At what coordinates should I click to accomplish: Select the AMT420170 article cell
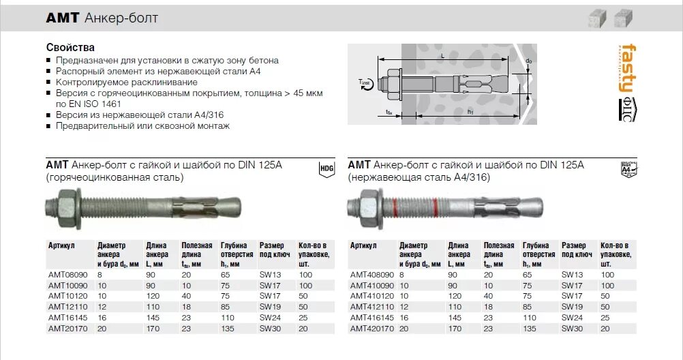point(372,329)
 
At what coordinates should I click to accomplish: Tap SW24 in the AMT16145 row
point(267,318)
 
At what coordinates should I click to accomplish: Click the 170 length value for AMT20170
point(153,329)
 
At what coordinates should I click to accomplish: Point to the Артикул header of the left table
point(61,245)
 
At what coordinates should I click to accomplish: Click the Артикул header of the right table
point(363,245)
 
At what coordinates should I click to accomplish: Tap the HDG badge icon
point(325,169)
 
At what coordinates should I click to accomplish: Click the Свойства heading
point(70,48)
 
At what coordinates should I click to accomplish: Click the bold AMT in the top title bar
point(63,18)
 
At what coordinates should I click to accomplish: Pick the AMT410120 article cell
point(372,296)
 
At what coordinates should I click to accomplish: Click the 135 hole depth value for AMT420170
point(530,329)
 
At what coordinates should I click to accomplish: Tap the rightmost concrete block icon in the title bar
point(622,19)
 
